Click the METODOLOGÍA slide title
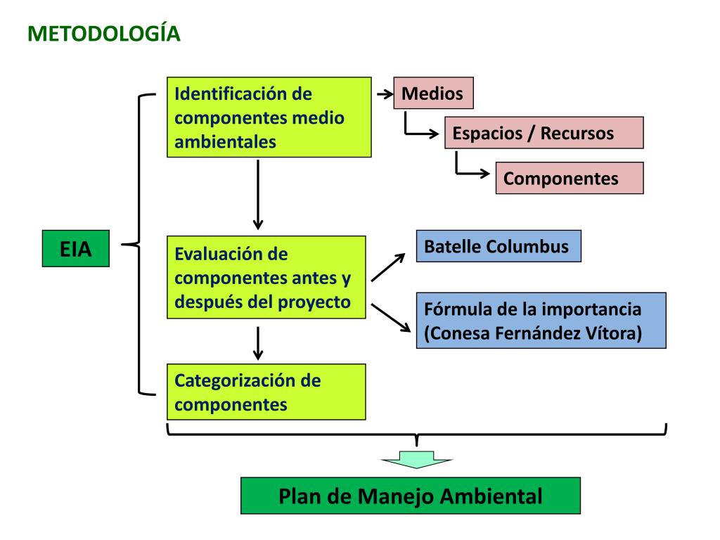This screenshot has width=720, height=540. click(104, 34)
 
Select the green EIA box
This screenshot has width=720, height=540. click(76, 248)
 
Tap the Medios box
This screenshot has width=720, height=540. click(432, 94)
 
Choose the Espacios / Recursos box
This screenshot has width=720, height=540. click(544, 133)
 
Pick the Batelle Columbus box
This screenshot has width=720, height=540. click(498, 246)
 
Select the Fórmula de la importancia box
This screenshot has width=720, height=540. click(541, 321)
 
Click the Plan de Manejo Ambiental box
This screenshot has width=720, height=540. click(411, 496)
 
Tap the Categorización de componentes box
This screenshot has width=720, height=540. click(266, 392)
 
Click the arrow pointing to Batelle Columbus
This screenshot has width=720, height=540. click(388, 267)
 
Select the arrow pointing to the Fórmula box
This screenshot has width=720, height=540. click(390, 317)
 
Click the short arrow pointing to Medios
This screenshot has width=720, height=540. click(384, 94)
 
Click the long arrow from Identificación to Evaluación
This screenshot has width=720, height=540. click(258, 194)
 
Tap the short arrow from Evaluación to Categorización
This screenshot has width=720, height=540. click(258, 342)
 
